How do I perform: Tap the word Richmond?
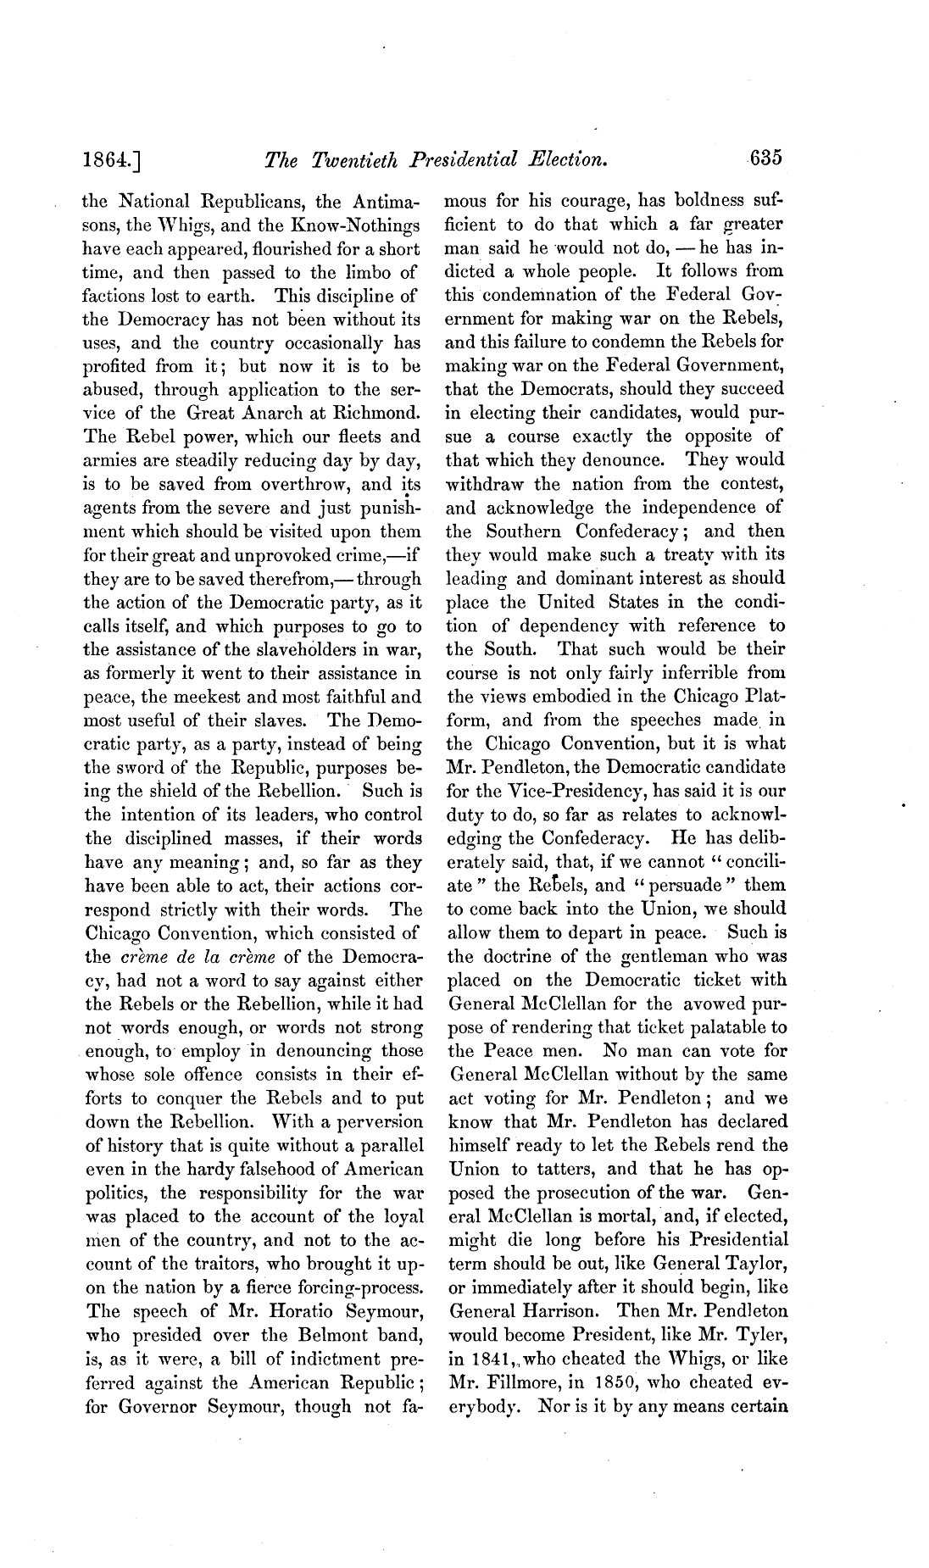coord(379,414)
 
